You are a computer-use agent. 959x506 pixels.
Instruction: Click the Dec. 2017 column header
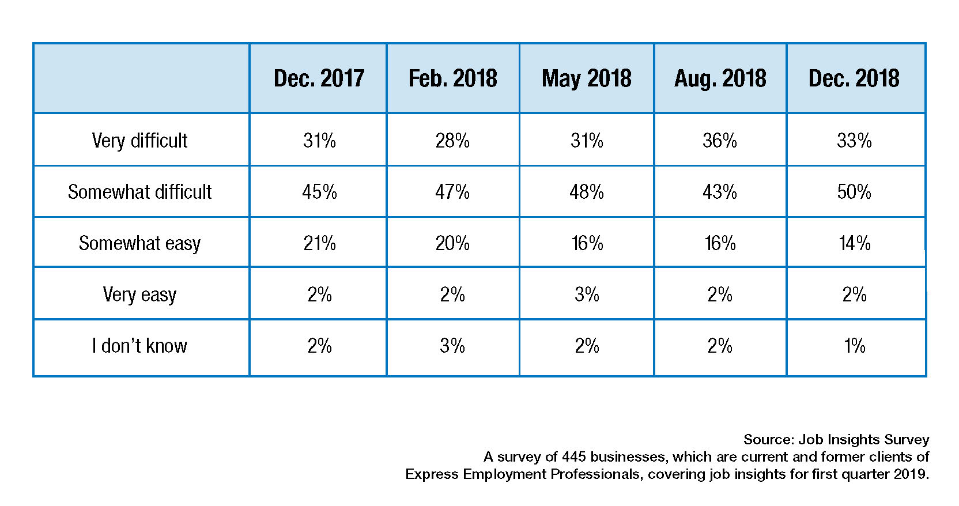click(319, 78)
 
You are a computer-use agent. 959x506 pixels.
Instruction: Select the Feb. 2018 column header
click(452, 78)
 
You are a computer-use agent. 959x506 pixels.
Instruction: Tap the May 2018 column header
click(586, 78)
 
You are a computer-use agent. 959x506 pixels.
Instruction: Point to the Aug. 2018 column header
click(720, 78)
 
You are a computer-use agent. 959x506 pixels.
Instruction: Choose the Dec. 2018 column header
click(854, 78)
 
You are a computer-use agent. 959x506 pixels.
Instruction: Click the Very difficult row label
click(139, 141)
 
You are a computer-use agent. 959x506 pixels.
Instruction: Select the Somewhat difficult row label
click(139, 192)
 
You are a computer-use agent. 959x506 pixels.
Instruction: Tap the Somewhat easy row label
click(139, 243)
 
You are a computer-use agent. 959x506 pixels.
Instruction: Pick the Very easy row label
click(139, 294)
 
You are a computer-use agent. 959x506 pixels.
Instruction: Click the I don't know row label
click(139, 346)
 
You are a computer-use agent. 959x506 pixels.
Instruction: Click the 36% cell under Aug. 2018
click(720, 141)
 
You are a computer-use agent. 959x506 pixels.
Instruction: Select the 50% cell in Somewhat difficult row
click(854, 192)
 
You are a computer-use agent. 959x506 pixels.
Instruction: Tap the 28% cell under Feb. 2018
click(452, 141)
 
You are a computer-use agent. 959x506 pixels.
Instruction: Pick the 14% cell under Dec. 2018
click(854, 243)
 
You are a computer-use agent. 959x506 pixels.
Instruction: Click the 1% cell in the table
click(854, 346)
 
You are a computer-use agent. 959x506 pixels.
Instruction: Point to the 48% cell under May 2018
click(587, 192)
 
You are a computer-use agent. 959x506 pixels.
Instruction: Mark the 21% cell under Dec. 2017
click(319, 243)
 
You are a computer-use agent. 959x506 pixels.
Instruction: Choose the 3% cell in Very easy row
click(587, 294)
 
